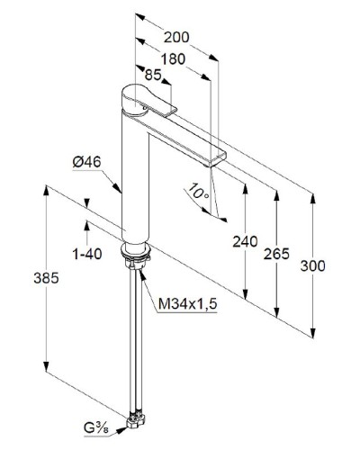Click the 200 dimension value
tap(178, 38)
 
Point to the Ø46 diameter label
tap(85, 163)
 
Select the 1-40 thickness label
tap(86, 255)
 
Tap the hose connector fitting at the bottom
tap(137, 418)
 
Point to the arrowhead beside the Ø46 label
tap(119, 187)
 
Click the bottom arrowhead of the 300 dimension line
tap(312, 331)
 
